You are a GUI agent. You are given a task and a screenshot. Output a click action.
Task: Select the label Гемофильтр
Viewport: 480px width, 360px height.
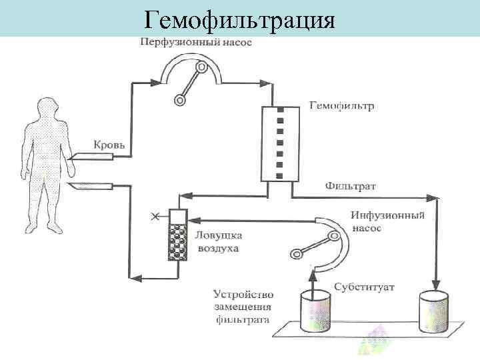342,106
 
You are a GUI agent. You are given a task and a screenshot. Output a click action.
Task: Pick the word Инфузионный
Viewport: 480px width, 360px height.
387,216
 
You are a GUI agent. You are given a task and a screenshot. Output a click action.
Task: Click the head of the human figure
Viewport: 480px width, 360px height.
48,109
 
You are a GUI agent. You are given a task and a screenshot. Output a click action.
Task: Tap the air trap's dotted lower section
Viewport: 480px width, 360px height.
178,242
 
